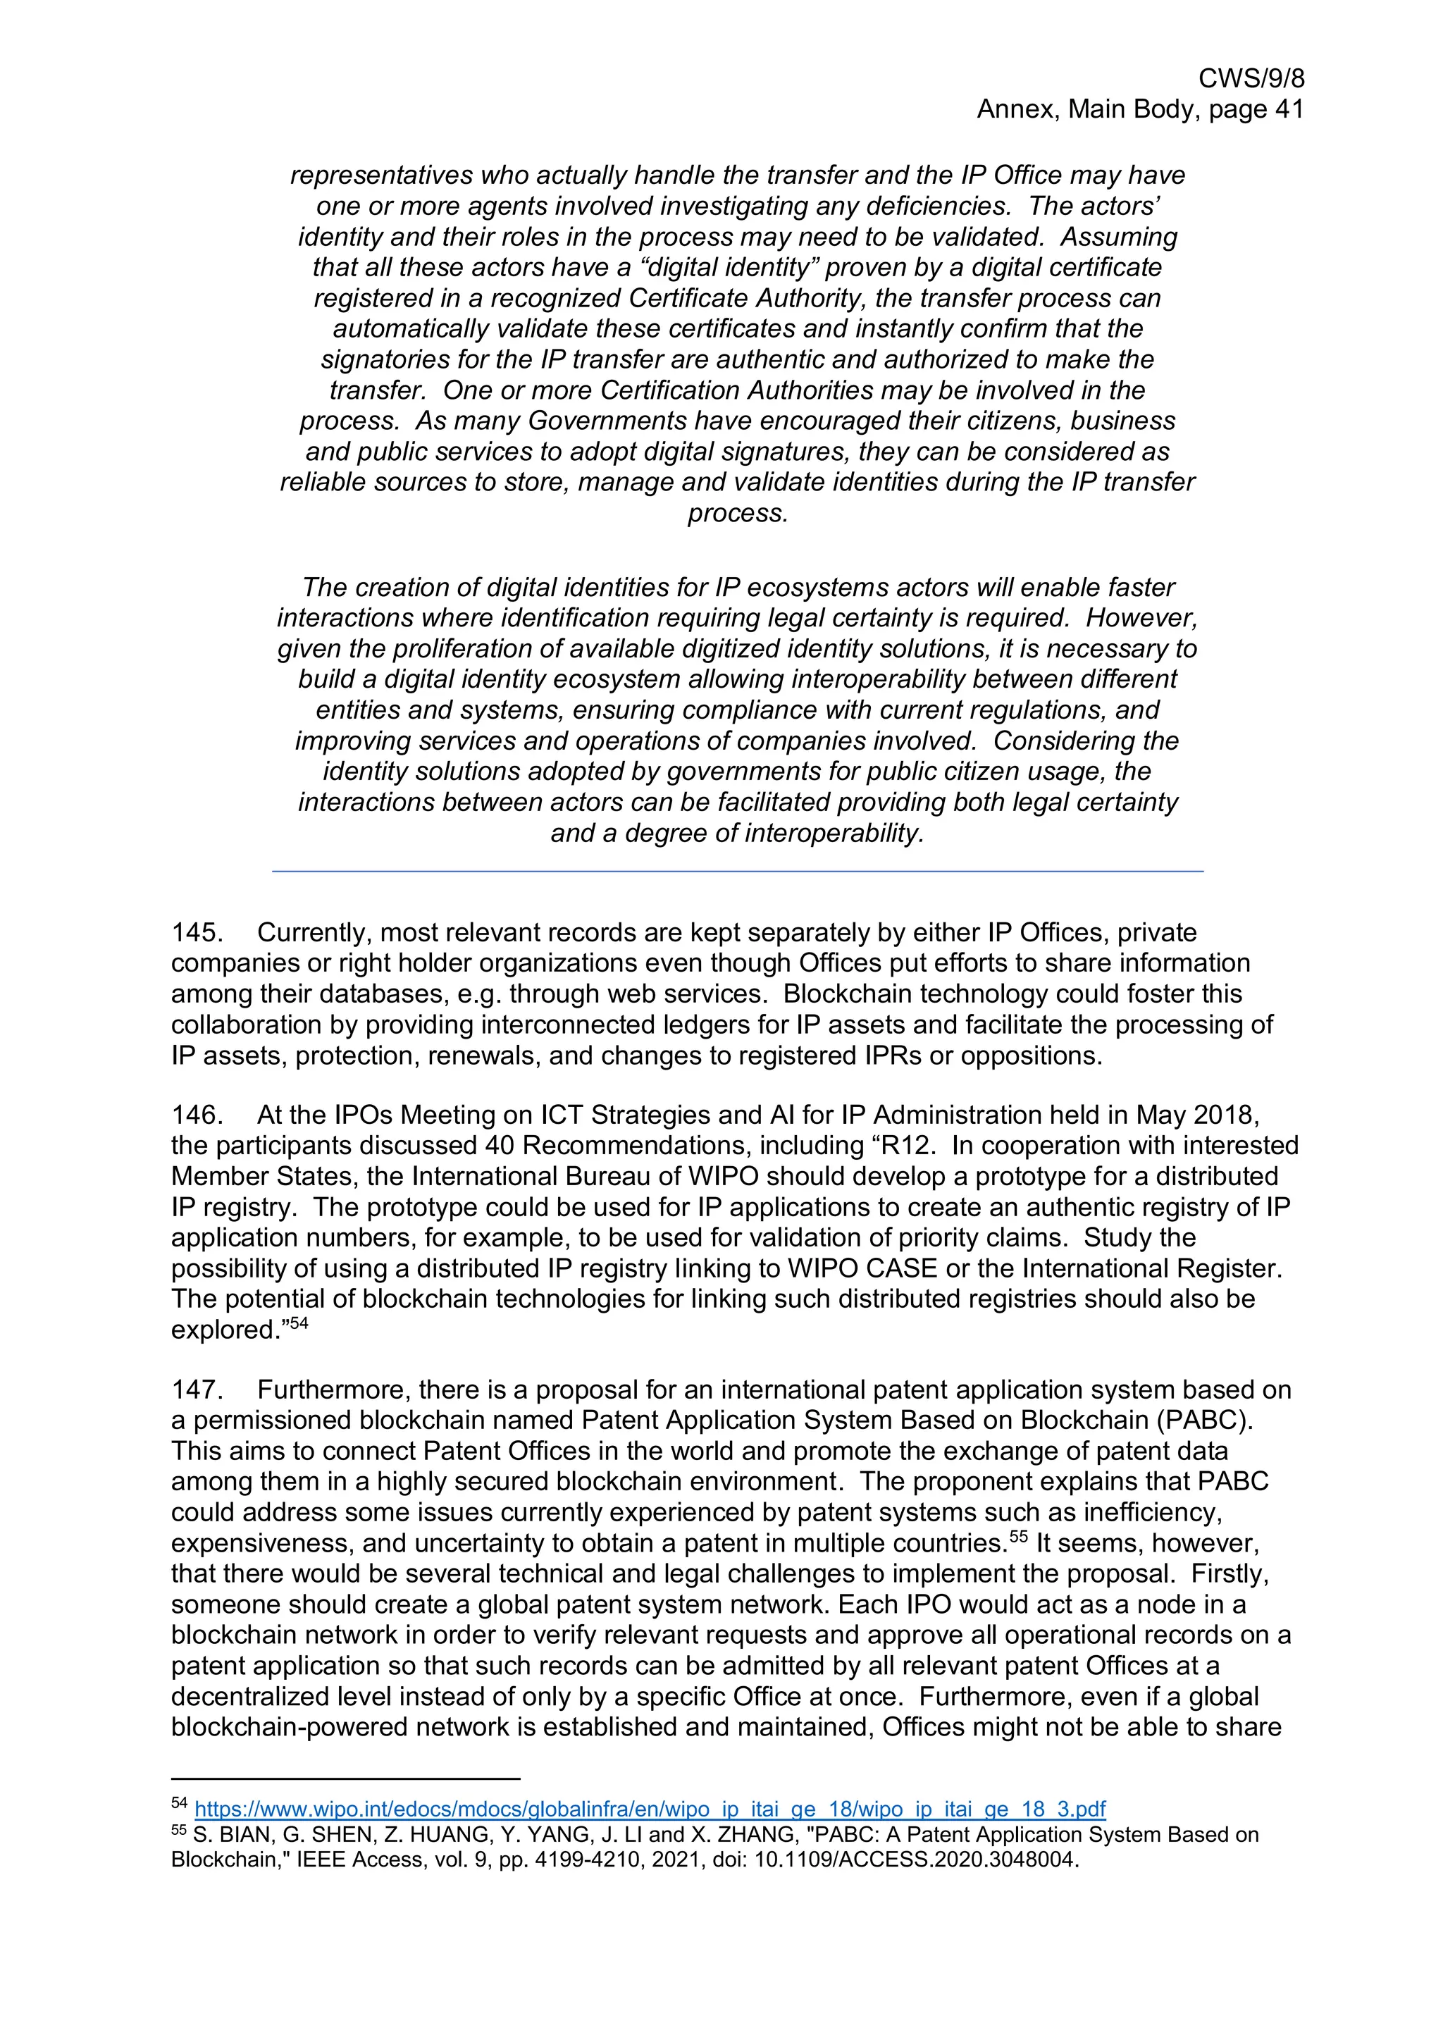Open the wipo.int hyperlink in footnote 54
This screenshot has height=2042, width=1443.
coord(649,1809)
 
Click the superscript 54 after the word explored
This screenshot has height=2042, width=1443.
coord(299,1323)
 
